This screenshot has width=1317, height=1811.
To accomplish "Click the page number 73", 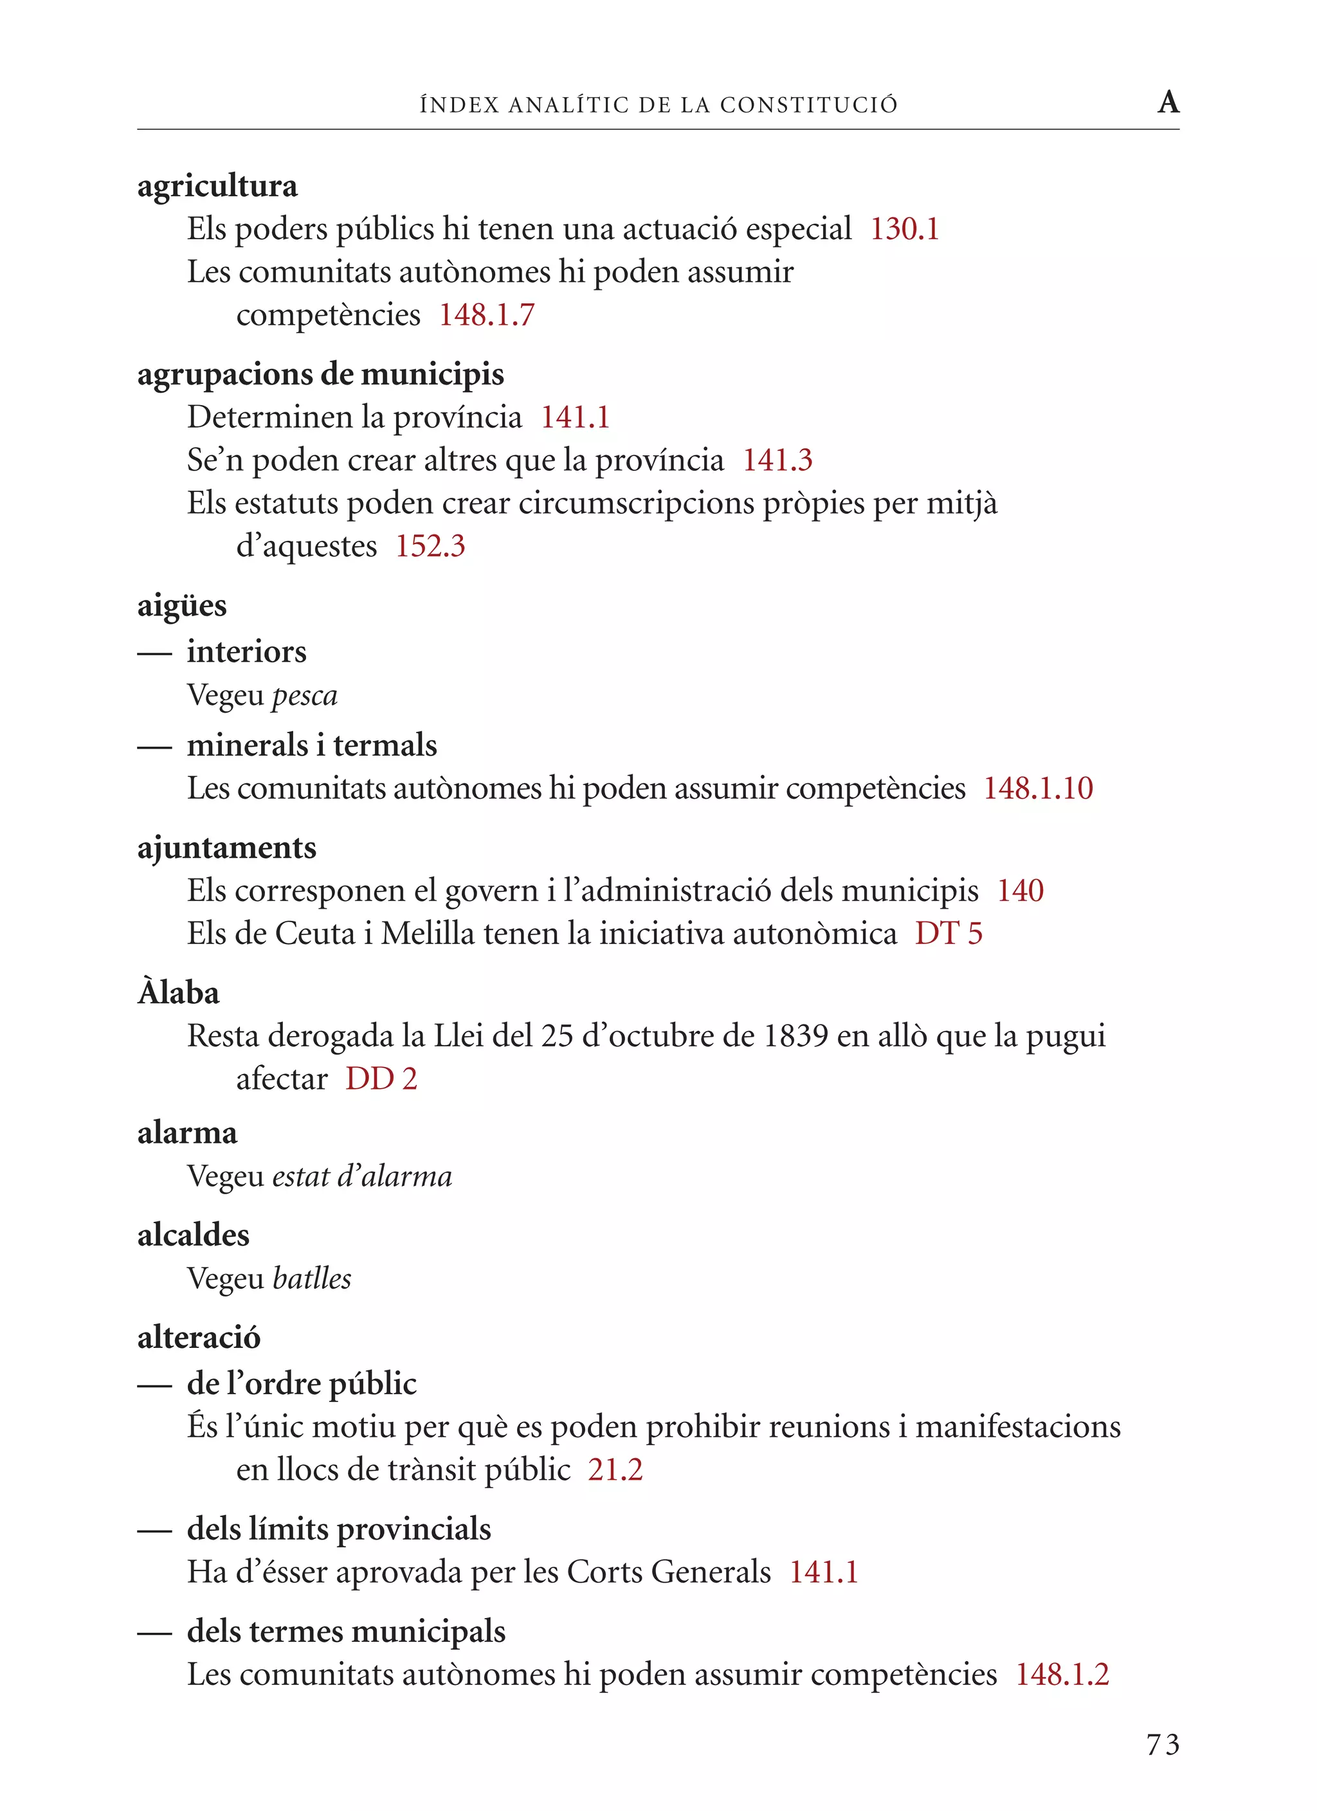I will point(1162,1745).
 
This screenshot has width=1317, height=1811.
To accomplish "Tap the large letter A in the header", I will point(1168,102).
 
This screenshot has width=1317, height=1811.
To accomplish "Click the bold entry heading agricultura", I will point(217,186).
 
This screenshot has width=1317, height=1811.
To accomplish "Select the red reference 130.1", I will point(904,229).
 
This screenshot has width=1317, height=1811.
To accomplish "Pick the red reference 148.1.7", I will point(486,315).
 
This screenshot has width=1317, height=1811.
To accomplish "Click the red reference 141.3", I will point(777,460).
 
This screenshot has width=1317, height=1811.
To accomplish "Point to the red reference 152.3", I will point(430,547).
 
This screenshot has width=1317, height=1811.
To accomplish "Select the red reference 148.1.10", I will point(1037,789).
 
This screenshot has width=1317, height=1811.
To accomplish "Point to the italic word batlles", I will point(311,1279).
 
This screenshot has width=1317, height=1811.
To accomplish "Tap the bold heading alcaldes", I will point(194,1235).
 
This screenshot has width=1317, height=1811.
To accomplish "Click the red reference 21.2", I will point(615,1470).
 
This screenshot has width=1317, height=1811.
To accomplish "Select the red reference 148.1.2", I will point(1062,1675).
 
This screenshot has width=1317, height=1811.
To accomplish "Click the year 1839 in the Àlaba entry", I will point(795,1037).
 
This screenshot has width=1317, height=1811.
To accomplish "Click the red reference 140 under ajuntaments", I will point(1020,891).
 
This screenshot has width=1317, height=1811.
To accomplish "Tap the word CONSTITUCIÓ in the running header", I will point(808,105).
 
